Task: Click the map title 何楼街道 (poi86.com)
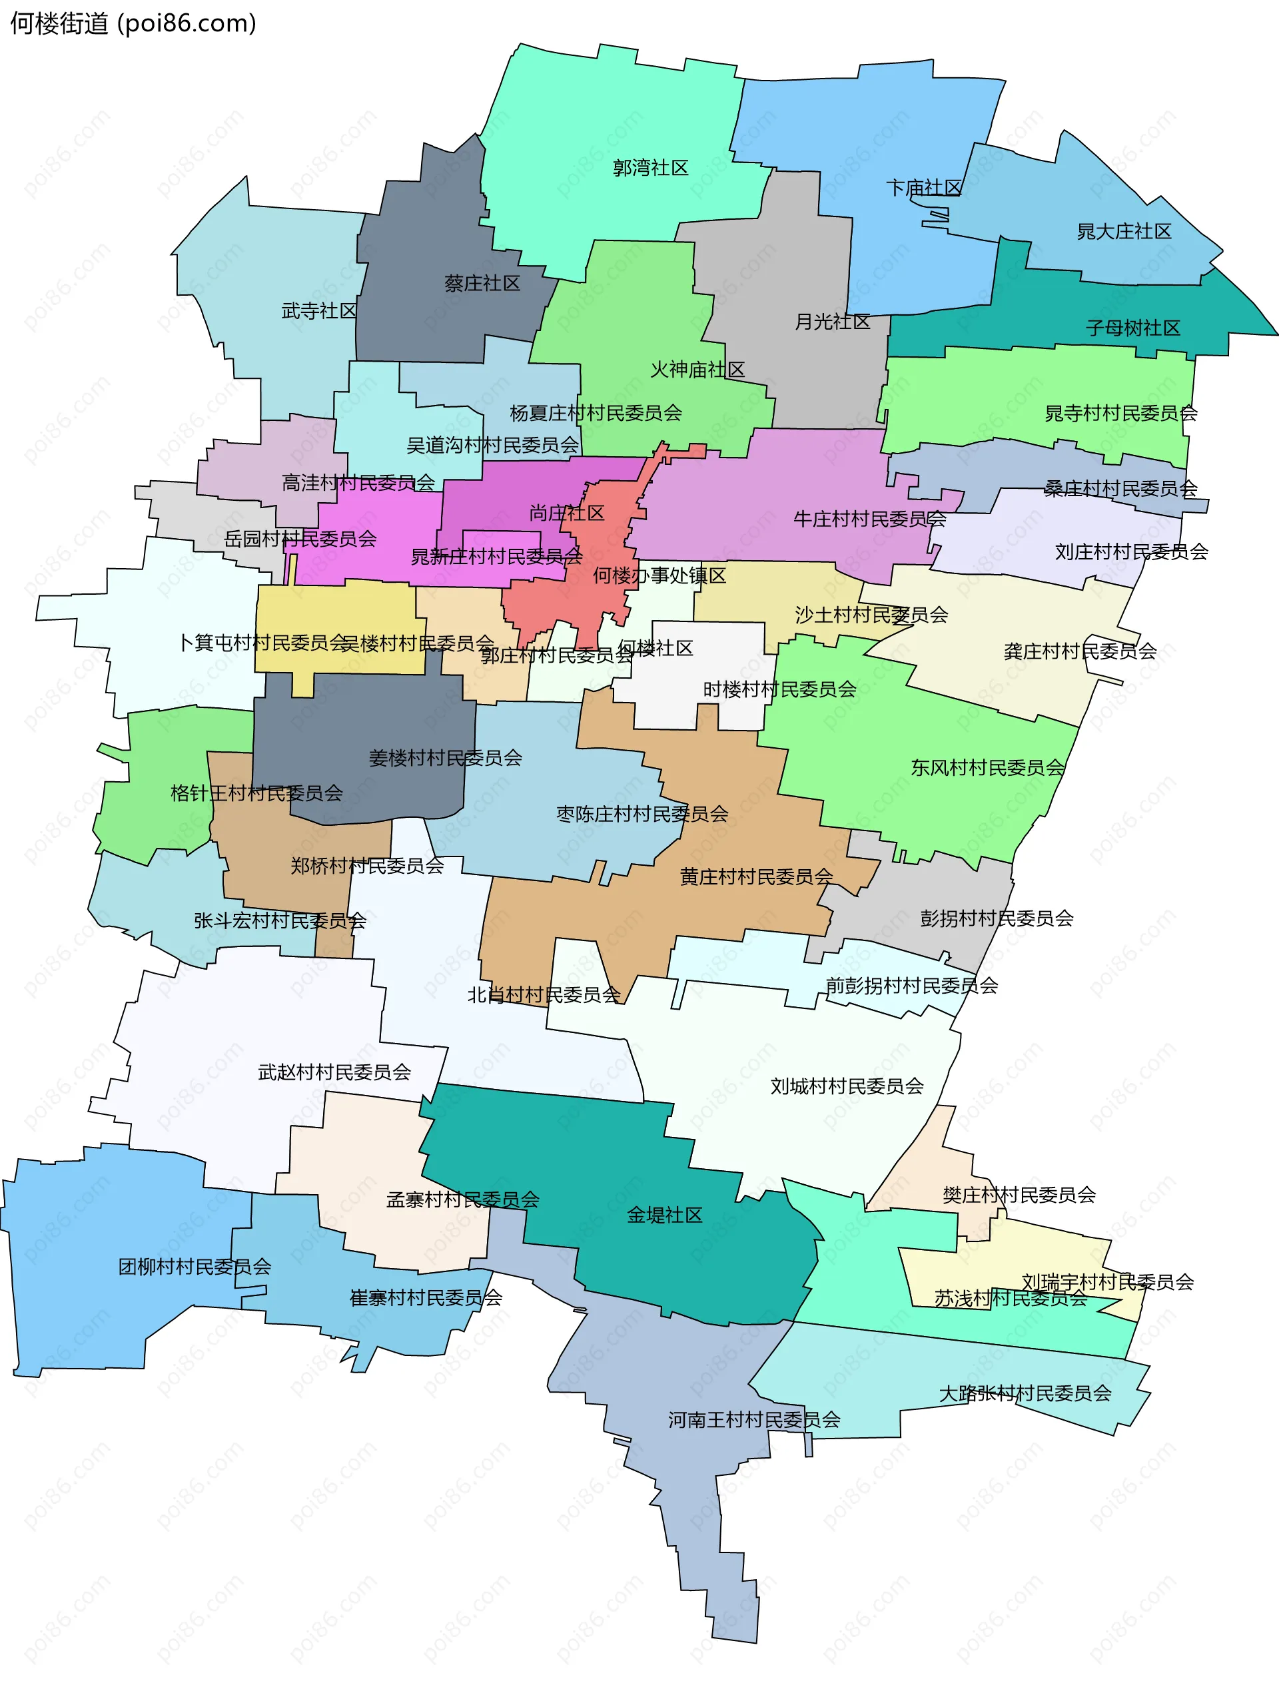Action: pos(133,23)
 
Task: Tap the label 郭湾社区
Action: pos(651,168)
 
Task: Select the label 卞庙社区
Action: pos(923,188)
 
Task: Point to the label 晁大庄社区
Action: pos(1123,231)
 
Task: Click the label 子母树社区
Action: pos(1132,328)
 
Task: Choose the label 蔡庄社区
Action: pos(482,284)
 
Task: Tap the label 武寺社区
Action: pos(319,310)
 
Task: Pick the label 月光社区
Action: pos(832,321)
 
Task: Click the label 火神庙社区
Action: pos(697,369)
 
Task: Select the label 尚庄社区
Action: pos(567,513)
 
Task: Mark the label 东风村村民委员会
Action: pos(987,767)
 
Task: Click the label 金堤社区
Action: pos(664,1215)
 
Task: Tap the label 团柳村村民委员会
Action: pos(195,1267)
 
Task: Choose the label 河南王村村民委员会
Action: pos(754,1419)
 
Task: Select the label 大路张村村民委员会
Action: pos(1025,1393)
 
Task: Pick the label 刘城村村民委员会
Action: pos(847,1086)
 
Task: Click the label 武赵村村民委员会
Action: pos(334,1072)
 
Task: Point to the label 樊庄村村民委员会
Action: pos(1019,1195)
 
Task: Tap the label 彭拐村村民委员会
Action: pos(997,918)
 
